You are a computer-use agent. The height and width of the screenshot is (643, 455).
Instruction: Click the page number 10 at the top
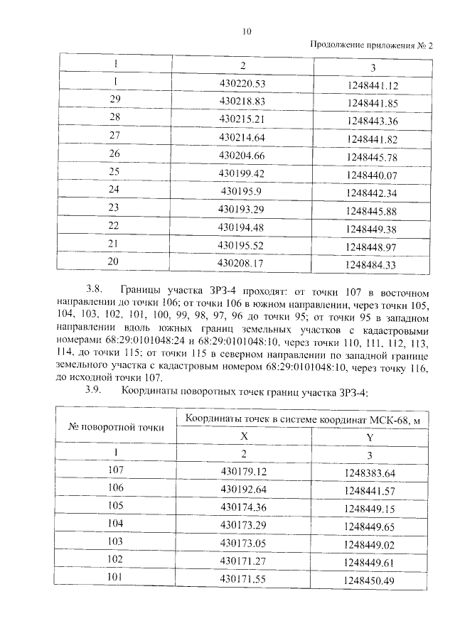pos(247,31)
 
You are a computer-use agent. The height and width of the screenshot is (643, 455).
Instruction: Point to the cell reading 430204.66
pos(242,154)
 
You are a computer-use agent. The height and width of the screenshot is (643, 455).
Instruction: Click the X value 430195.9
pos(242,190)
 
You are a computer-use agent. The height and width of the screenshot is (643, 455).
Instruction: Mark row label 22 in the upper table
pos(114,227)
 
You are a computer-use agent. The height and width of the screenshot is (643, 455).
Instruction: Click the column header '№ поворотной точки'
pos(116,427)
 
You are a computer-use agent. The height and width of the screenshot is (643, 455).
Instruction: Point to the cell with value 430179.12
pos(243,470)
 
